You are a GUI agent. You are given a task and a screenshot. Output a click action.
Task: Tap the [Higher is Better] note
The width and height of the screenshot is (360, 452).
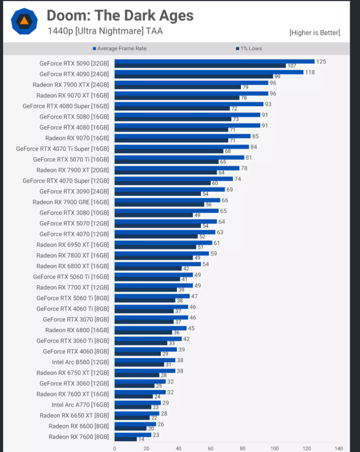(314, 33)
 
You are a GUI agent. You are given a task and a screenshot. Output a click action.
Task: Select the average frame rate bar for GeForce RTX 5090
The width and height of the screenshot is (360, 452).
(214, 61)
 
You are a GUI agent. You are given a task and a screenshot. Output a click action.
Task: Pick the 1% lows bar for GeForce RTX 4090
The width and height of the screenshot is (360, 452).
(193, 77)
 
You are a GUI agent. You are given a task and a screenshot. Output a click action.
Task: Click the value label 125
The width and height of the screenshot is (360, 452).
(322, 61)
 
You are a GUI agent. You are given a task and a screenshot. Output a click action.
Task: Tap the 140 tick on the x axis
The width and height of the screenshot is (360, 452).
(338, 448)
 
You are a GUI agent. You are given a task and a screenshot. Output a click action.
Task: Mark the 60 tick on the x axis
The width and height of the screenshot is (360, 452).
(210, 448)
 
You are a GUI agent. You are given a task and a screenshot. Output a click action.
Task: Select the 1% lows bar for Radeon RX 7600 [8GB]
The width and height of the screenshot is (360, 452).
(125, 439)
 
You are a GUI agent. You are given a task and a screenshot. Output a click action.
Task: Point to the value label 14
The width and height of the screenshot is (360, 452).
(142, 439)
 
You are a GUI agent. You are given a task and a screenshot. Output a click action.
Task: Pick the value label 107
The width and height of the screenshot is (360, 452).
(292, 66)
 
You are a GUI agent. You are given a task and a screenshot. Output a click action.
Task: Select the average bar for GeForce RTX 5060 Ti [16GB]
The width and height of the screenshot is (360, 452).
(154, 275)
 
